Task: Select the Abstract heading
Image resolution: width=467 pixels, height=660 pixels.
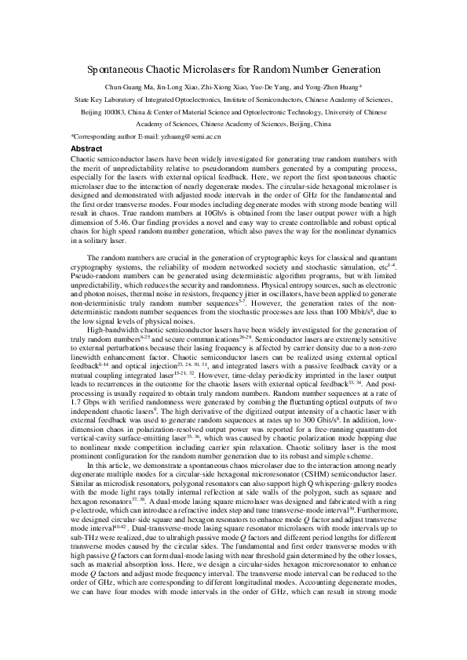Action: [86, 147]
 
